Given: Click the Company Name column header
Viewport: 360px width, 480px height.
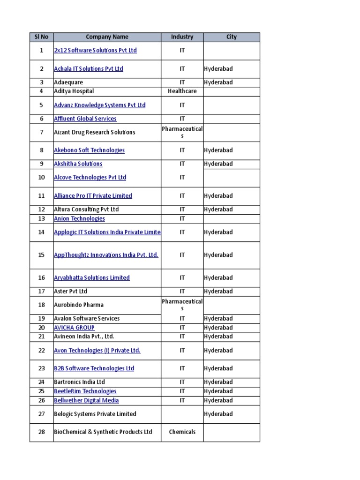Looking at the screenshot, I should pos(107,37).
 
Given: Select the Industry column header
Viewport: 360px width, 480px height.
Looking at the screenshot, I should pos(182,37).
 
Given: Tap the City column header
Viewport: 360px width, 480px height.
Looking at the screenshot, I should pos(232,37).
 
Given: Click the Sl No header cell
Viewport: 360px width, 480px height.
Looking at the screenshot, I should pos(41,37).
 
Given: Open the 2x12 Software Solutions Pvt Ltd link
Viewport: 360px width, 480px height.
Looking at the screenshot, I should pos(95,50).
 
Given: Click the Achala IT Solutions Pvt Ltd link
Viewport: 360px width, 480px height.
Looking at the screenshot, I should pos(88,69).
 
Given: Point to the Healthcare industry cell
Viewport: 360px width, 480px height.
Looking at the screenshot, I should pos(182,91).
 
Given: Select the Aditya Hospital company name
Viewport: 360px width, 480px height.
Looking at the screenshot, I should pos(74,91).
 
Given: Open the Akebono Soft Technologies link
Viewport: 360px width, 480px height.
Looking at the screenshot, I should pos(89,150).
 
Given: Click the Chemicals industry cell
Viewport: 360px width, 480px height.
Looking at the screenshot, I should pos(182,432).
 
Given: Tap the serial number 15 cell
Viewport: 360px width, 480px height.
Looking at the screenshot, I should pos(41,255).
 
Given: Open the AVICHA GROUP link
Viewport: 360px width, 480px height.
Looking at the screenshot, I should pos(74,328).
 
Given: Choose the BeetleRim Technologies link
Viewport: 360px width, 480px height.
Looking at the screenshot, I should pos(85,391).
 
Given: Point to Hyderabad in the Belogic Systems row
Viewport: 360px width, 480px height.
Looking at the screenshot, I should pos(218,414).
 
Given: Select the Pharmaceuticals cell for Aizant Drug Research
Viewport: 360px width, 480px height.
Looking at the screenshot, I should pos(182,132).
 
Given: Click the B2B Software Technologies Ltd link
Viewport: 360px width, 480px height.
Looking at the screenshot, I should pos(94,368).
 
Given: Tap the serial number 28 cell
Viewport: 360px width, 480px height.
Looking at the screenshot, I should pos(41,432).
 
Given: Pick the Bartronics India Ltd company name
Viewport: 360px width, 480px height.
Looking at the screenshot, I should pos(79,382).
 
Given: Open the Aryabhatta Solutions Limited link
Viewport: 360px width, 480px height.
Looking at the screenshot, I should pos(91,278).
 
